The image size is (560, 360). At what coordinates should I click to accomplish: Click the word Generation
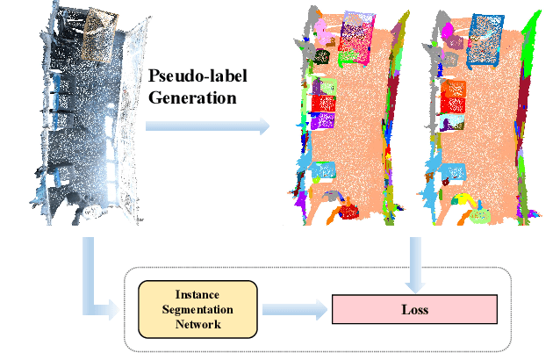click(x=192, y=97)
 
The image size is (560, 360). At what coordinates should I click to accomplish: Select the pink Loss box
click(x=414, y=310)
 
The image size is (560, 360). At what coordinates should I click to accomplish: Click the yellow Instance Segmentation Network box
click(x=197, y=310)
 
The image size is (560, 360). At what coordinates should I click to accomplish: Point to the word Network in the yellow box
click(x=197, y=324)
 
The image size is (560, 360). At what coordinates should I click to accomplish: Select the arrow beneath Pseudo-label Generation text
click(x=207, y=126)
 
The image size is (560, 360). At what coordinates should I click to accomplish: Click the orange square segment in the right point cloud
click(x=456, y=89)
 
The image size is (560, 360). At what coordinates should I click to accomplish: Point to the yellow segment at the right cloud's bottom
click(x=479, y=212)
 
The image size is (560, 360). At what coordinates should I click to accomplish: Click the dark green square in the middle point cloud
click(x=322, y=57)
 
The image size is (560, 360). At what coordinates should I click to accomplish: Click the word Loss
click(x=414, y=310)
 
